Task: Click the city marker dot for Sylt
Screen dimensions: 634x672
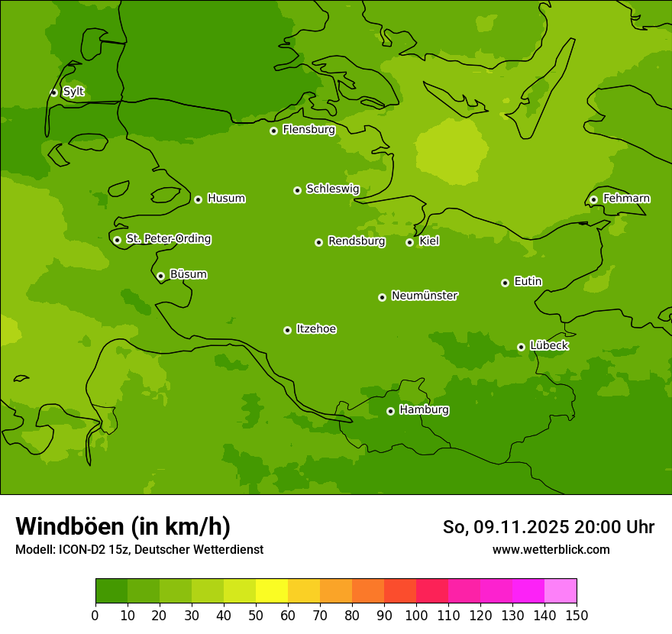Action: tap(53, 92)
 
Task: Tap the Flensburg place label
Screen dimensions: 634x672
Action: tap(309, 130)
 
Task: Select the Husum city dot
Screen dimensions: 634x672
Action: tap(198, 199)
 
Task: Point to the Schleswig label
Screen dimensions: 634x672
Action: tap(332, 189)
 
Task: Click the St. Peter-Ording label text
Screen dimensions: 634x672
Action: tap(168, 239)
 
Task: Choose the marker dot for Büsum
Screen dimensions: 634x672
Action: tap(160, 276)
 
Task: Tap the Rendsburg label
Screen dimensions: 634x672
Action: tap(356, 241)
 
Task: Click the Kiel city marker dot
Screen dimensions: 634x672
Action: tap(409, 242)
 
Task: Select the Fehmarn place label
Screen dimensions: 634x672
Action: tap(626, 199)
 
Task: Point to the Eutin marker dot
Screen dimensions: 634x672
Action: tap(505, 283)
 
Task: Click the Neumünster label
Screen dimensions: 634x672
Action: tap(424, 296)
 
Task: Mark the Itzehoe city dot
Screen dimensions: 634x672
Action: tap(287, 330)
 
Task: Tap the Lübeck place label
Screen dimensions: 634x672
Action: tap(548, 346)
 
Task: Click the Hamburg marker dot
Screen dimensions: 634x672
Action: tap(390, 411)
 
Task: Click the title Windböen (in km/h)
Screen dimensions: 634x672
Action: tap(123, 526)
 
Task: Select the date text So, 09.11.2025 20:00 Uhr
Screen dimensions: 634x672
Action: tap(548, 527)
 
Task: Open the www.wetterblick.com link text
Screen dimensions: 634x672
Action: tap(551, 549)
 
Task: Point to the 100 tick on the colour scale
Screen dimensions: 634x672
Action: tap(416, 616)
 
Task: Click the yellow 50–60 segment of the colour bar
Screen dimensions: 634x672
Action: tap(272, 591)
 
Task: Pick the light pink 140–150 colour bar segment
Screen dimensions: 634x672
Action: tap(561, 591)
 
